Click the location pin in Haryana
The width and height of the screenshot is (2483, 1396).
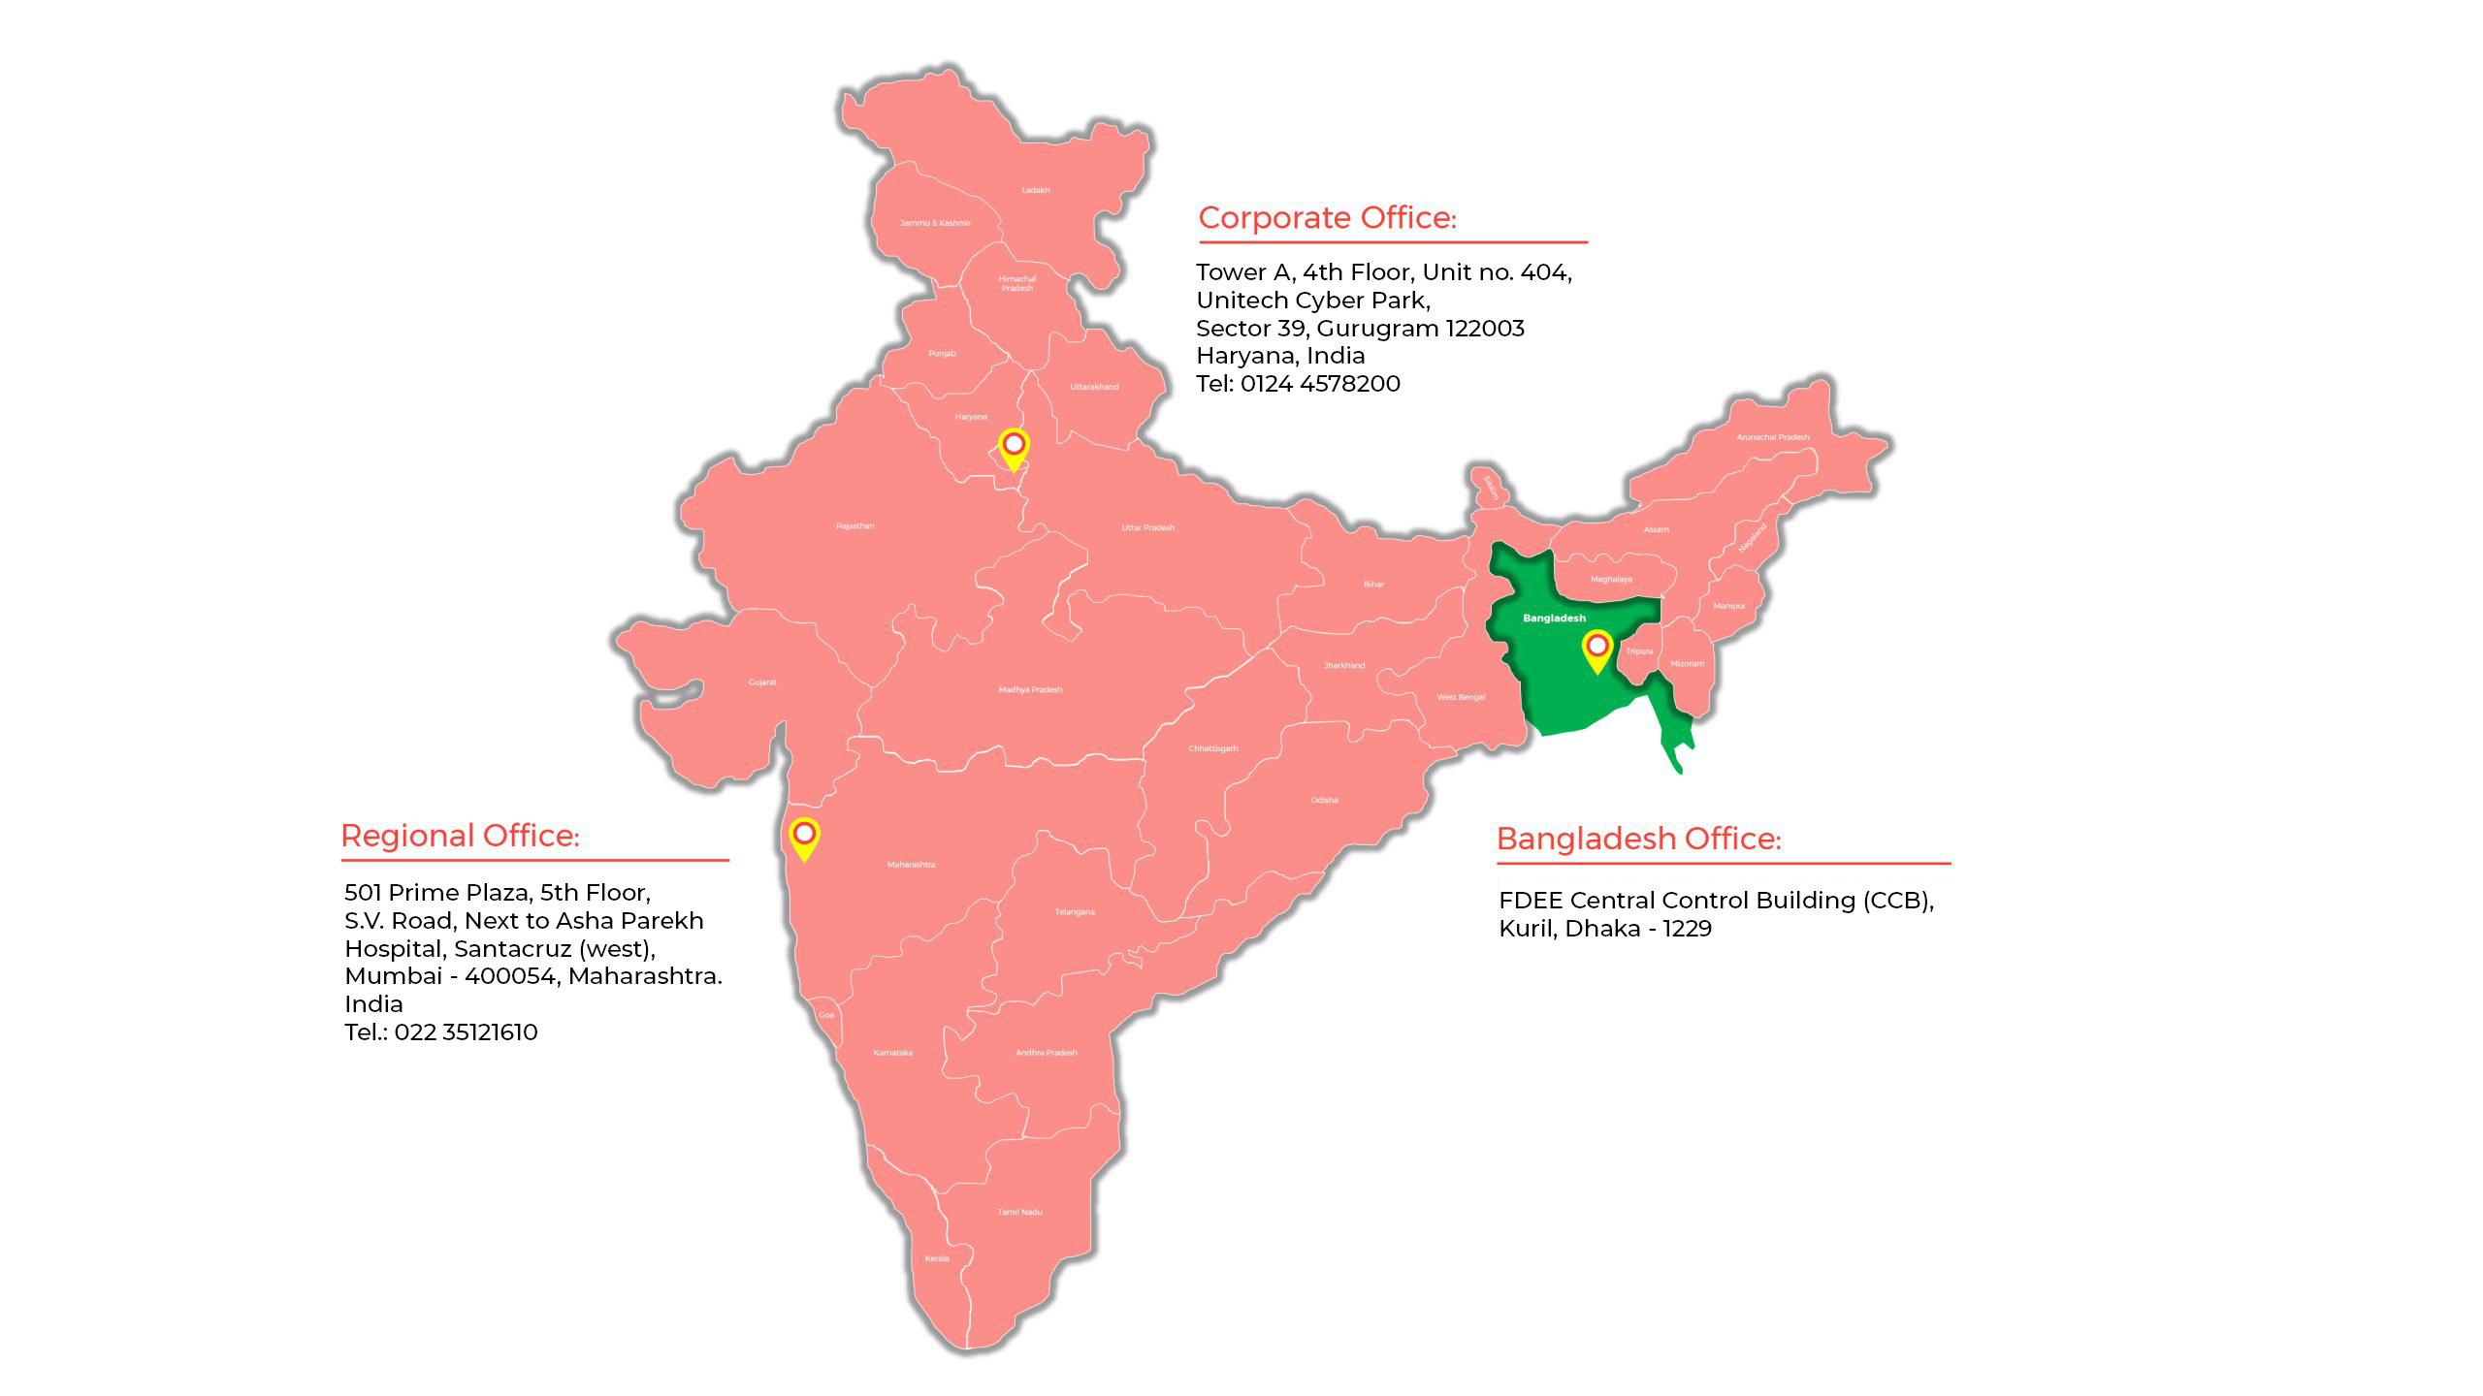(x=1014, y=447)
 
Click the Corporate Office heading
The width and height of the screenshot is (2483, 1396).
(x=1327, y=218)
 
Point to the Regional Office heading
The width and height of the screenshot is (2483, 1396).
(x=460, y=836)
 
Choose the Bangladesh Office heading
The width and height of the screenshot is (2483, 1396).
(x=1638, y=839)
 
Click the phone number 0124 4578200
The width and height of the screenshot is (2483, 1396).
(x=1320, y=384)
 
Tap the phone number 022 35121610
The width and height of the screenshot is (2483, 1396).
(x=466, y=1032)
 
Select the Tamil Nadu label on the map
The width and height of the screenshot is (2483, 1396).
(x=1019, y=1212)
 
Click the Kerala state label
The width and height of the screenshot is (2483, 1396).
(x=937, y=1258)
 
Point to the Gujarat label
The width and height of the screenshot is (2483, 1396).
(x=762, y=682)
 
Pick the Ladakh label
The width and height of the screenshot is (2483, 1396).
(x=1035, y=190)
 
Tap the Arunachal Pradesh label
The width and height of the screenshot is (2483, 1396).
(x=1772, y=437)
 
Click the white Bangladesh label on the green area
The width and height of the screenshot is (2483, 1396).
(x=1554, y=619)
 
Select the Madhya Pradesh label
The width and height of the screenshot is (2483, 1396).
(x=1030, y=690)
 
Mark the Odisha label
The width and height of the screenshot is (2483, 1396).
(x=1324, y=800)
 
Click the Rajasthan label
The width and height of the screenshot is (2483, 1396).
(x=855, y=526)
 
